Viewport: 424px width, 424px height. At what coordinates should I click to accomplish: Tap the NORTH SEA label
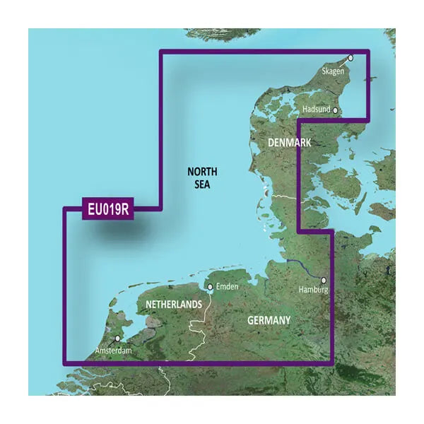click(203, 177)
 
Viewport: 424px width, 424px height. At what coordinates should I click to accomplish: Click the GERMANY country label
click(269, 321)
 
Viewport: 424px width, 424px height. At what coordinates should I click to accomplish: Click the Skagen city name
click(334, 72)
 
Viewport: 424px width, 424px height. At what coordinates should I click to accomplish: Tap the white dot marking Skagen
click(349, 59)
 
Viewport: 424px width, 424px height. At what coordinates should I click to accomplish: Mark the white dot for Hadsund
click(336, 110)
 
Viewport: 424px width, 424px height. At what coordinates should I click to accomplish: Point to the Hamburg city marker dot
click(323, 280)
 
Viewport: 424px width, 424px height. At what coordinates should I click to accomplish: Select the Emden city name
click(227, 286)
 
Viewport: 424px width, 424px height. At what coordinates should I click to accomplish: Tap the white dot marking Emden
click(210, 287)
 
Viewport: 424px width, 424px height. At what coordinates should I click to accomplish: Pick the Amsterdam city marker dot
click(117, 338)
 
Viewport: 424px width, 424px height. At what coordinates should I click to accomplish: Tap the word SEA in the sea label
click(203, 184)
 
